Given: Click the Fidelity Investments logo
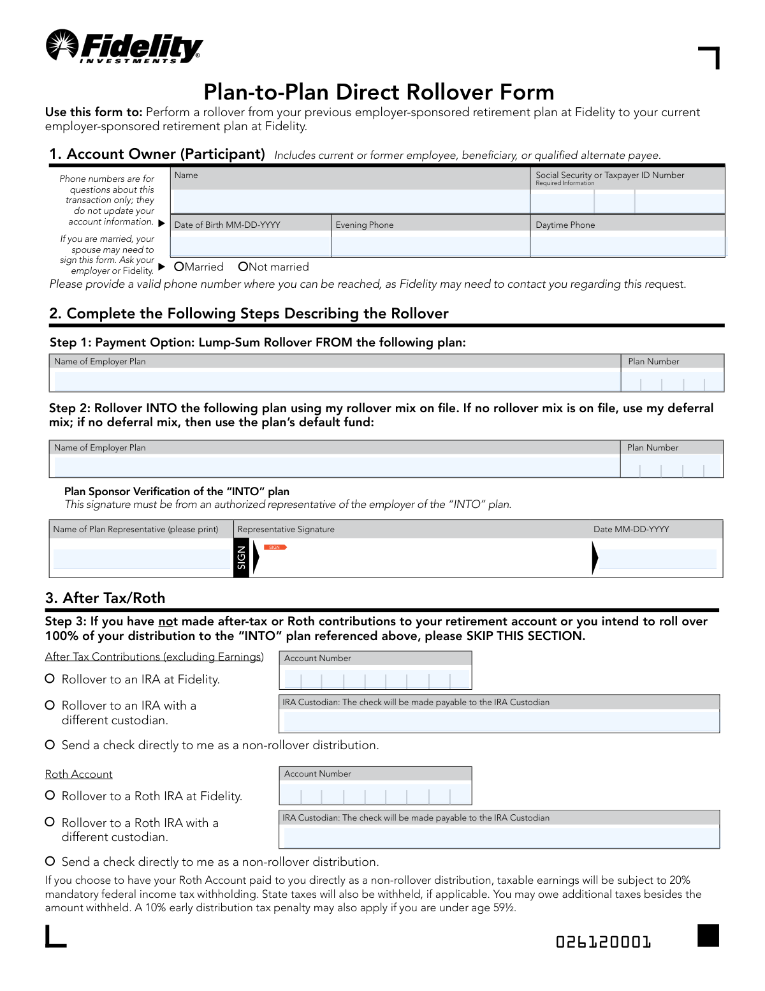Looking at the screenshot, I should [124, 47].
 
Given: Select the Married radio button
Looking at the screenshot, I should [179, 267].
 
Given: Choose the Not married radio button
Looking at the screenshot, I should [243, 267].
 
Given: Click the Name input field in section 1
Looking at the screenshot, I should [350, 202].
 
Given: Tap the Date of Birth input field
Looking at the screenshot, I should [251, 246].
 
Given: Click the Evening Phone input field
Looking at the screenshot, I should [430, 246].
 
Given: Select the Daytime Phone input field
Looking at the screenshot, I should [627, 246].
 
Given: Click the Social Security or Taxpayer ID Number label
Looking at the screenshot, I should [609, 175].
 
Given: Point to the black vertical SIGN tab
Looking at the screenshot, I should [241, 558].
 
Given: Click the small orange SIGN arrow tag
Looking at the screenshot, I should [275, 547].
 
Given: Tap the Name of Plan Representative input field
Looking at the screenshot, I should [142, 559].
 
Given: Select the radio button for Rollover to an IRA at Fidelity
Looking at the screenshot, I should [50, 679].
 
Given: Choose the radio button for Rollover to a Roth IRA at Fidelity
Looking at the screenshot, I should [50, 796].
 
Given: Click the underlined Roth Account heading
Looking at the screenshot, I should [78, 774].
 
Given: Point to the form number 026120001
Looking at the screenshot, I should [603, 942].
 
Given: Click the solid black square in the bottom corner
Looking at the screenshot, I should [708, 935].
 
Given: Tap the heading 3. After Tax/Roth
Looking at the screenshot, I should [105, 598].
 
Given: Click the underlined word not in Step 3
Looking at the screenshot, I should [168, 622].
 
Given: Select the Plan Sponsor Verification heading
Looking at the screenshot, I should [177, 491].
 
